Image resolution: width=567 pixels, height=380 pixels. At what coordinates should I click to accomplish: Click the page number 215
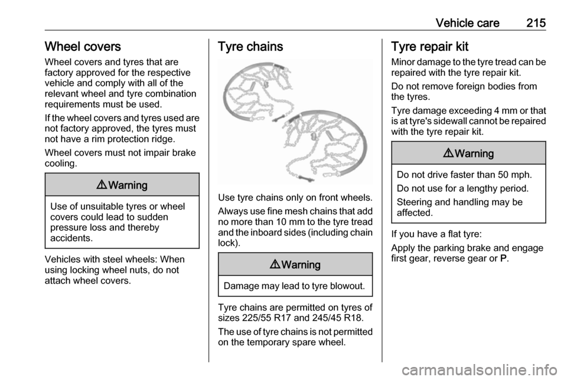(x=536, y=23)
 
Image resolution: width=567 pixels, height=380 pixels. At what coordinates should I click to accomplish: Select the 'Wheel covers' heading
(x=83, y=46)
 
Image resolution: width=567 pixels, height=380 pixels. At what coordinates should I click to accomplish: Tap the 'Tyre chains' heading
(x=250, y=46)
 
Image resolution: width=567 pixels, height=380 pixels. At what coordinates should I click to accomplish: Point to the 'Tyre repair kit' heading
(x=430, y=47)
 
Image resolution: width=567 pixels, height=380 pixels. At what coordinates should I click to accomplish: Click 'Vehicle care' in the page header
(x=467, y=23)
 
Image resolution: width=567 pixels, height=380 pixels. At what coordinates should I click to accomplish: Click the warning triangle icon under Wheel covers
(x=101, y=185)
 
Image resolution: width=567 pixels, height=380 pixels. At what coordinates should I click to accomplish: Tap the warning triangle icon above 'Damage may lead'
(x=275, y=264)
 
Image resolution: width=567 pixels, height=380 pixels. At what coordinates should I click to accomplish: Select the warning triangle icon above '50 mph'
(x=448, y=153)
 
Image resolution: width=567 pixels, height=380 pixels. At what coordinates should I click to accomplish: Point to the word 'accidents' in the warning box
(x=71, y=238)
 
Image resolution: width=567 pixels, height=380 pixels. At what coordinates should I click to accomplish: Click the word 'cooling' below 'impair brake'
(x=60, y=163)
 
